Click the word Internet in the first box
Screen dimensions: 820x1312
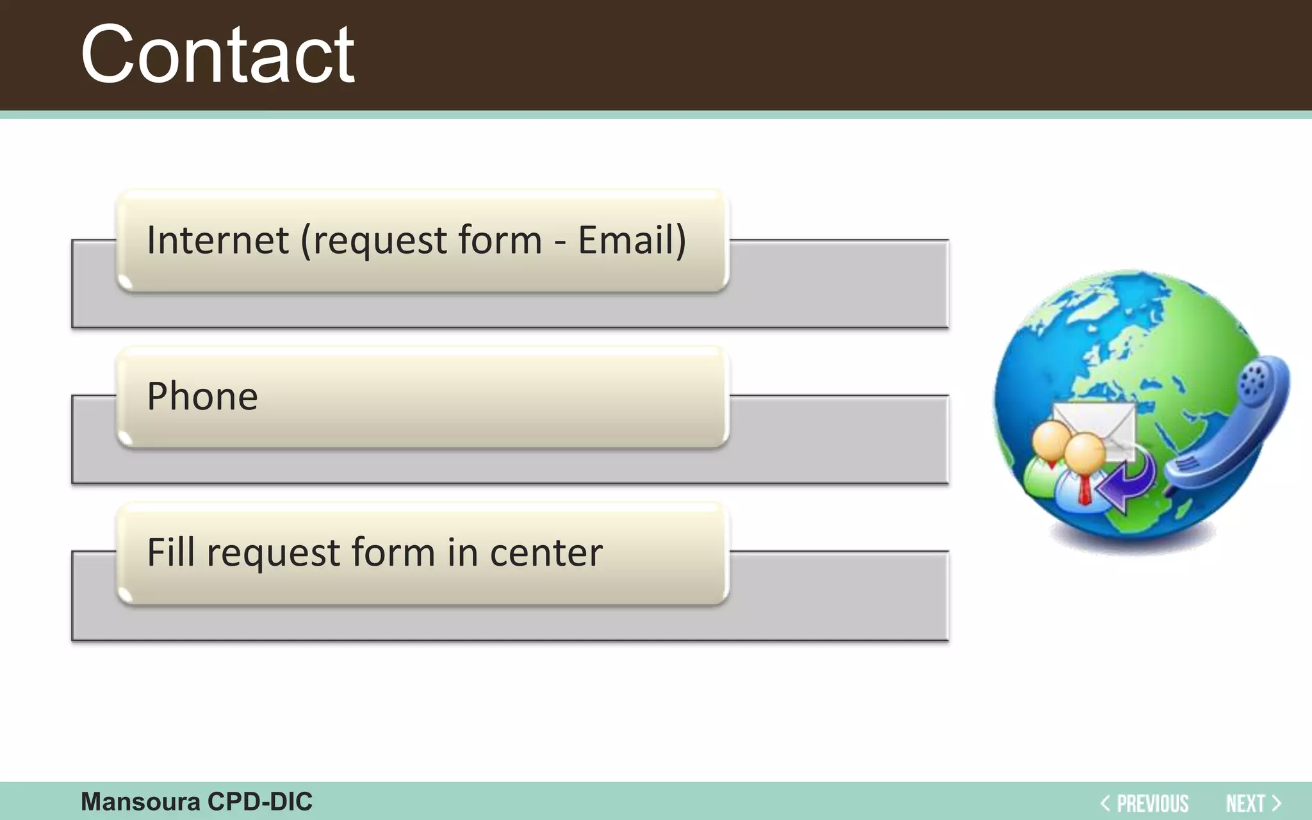[x=218, y=240]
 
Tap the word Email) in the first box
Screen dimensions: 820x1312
[x=632, y=240]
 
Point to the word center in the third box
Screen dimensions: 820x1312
[x=546, y=553]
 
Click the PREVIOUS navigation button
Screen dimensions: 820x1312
[x=1152, y=803]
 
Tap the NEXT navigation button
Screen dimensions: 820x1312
[x=1245, y=803]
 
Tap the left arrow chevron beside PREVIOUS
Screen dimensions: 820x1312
[x=1105, y=803]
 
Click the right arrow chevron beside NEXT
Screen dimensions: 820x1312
[x=1276, y=803]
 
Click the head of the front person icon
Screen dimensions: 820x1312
[x=1085, y=452]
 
